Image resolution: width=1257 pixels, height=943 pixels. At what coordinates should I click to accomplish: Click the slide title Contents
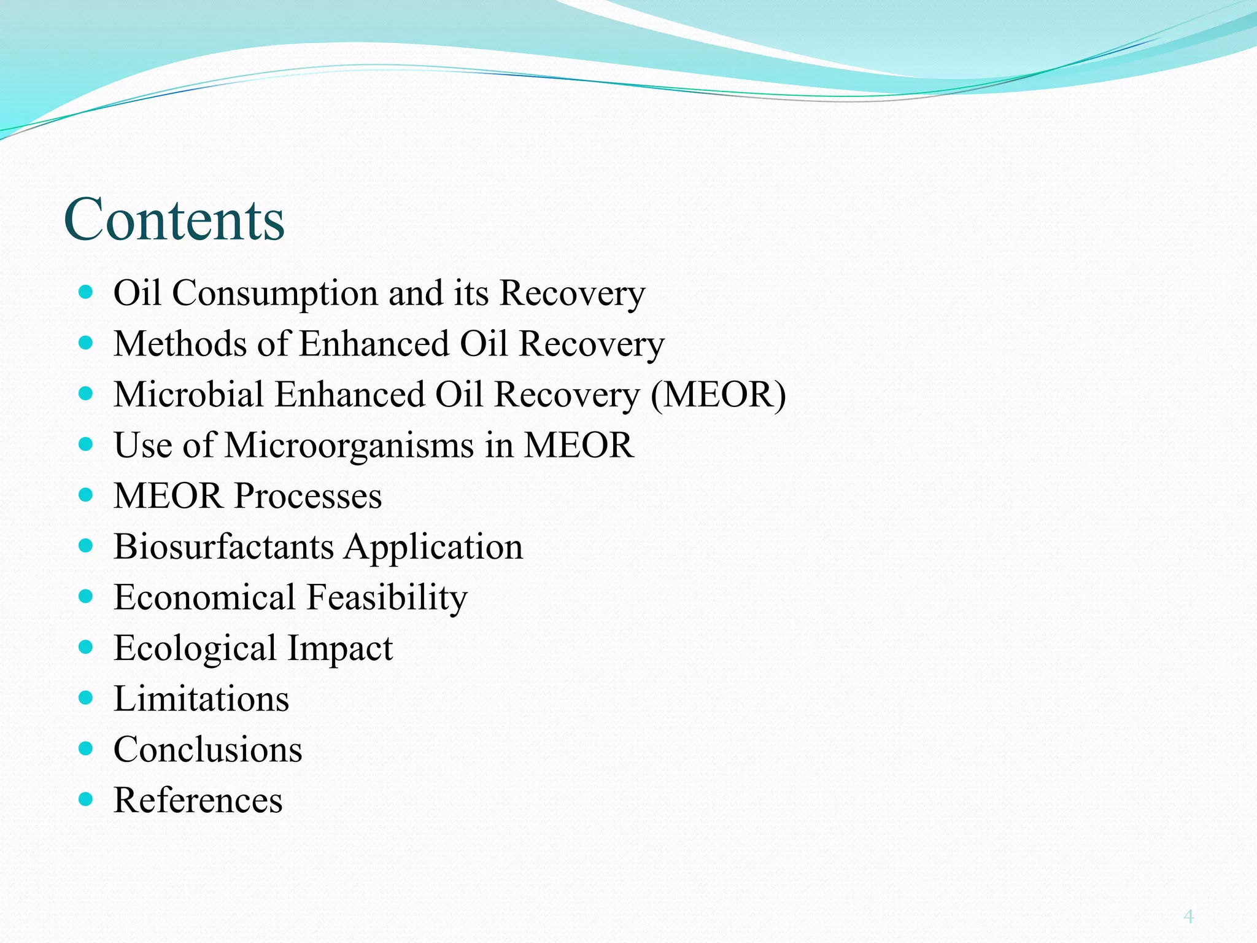pyautogui.click(x=174, y=220)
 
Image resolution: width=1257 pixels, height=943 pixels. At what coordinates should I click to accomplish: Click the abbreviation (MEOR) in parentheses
pyautogui.click(x=718, y=394)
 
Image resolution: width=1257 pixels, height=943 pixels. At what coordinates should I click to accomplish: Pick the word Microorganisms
pyautogui.click(x=349, y=445)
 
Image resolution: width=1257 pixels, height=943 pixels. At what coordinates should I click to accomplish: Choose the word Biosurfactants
pyautogui.click(x=223, y=546)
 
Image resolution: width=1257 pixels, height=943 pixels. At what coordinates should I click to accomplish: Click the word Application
pyautogui.click(x=433, y=548)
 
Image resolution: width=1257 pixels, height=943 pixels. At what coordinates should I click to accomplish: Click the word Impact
pyautogui.click(x=340, y=649)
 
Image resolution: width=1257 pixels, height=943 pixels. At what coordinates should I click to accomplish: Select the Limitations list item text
pyautogui.click(x=201, y=699)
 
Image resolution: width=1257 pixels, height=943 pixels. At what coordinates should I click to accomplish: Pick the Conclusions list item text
pyautogui.click(x=208, y=750)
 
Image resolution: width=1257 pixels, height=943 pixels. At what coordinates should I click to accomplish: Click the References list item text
pyautogui.click(x=198, y=801)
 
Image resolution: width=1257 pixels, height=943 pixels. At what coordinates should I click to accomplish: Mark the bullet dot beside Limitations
pyautogui.click(x=86, y=697)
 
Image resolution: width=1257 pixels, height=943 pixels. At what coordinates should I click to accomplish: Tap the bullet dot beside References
pyautogui.click(x=86, y=799)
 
